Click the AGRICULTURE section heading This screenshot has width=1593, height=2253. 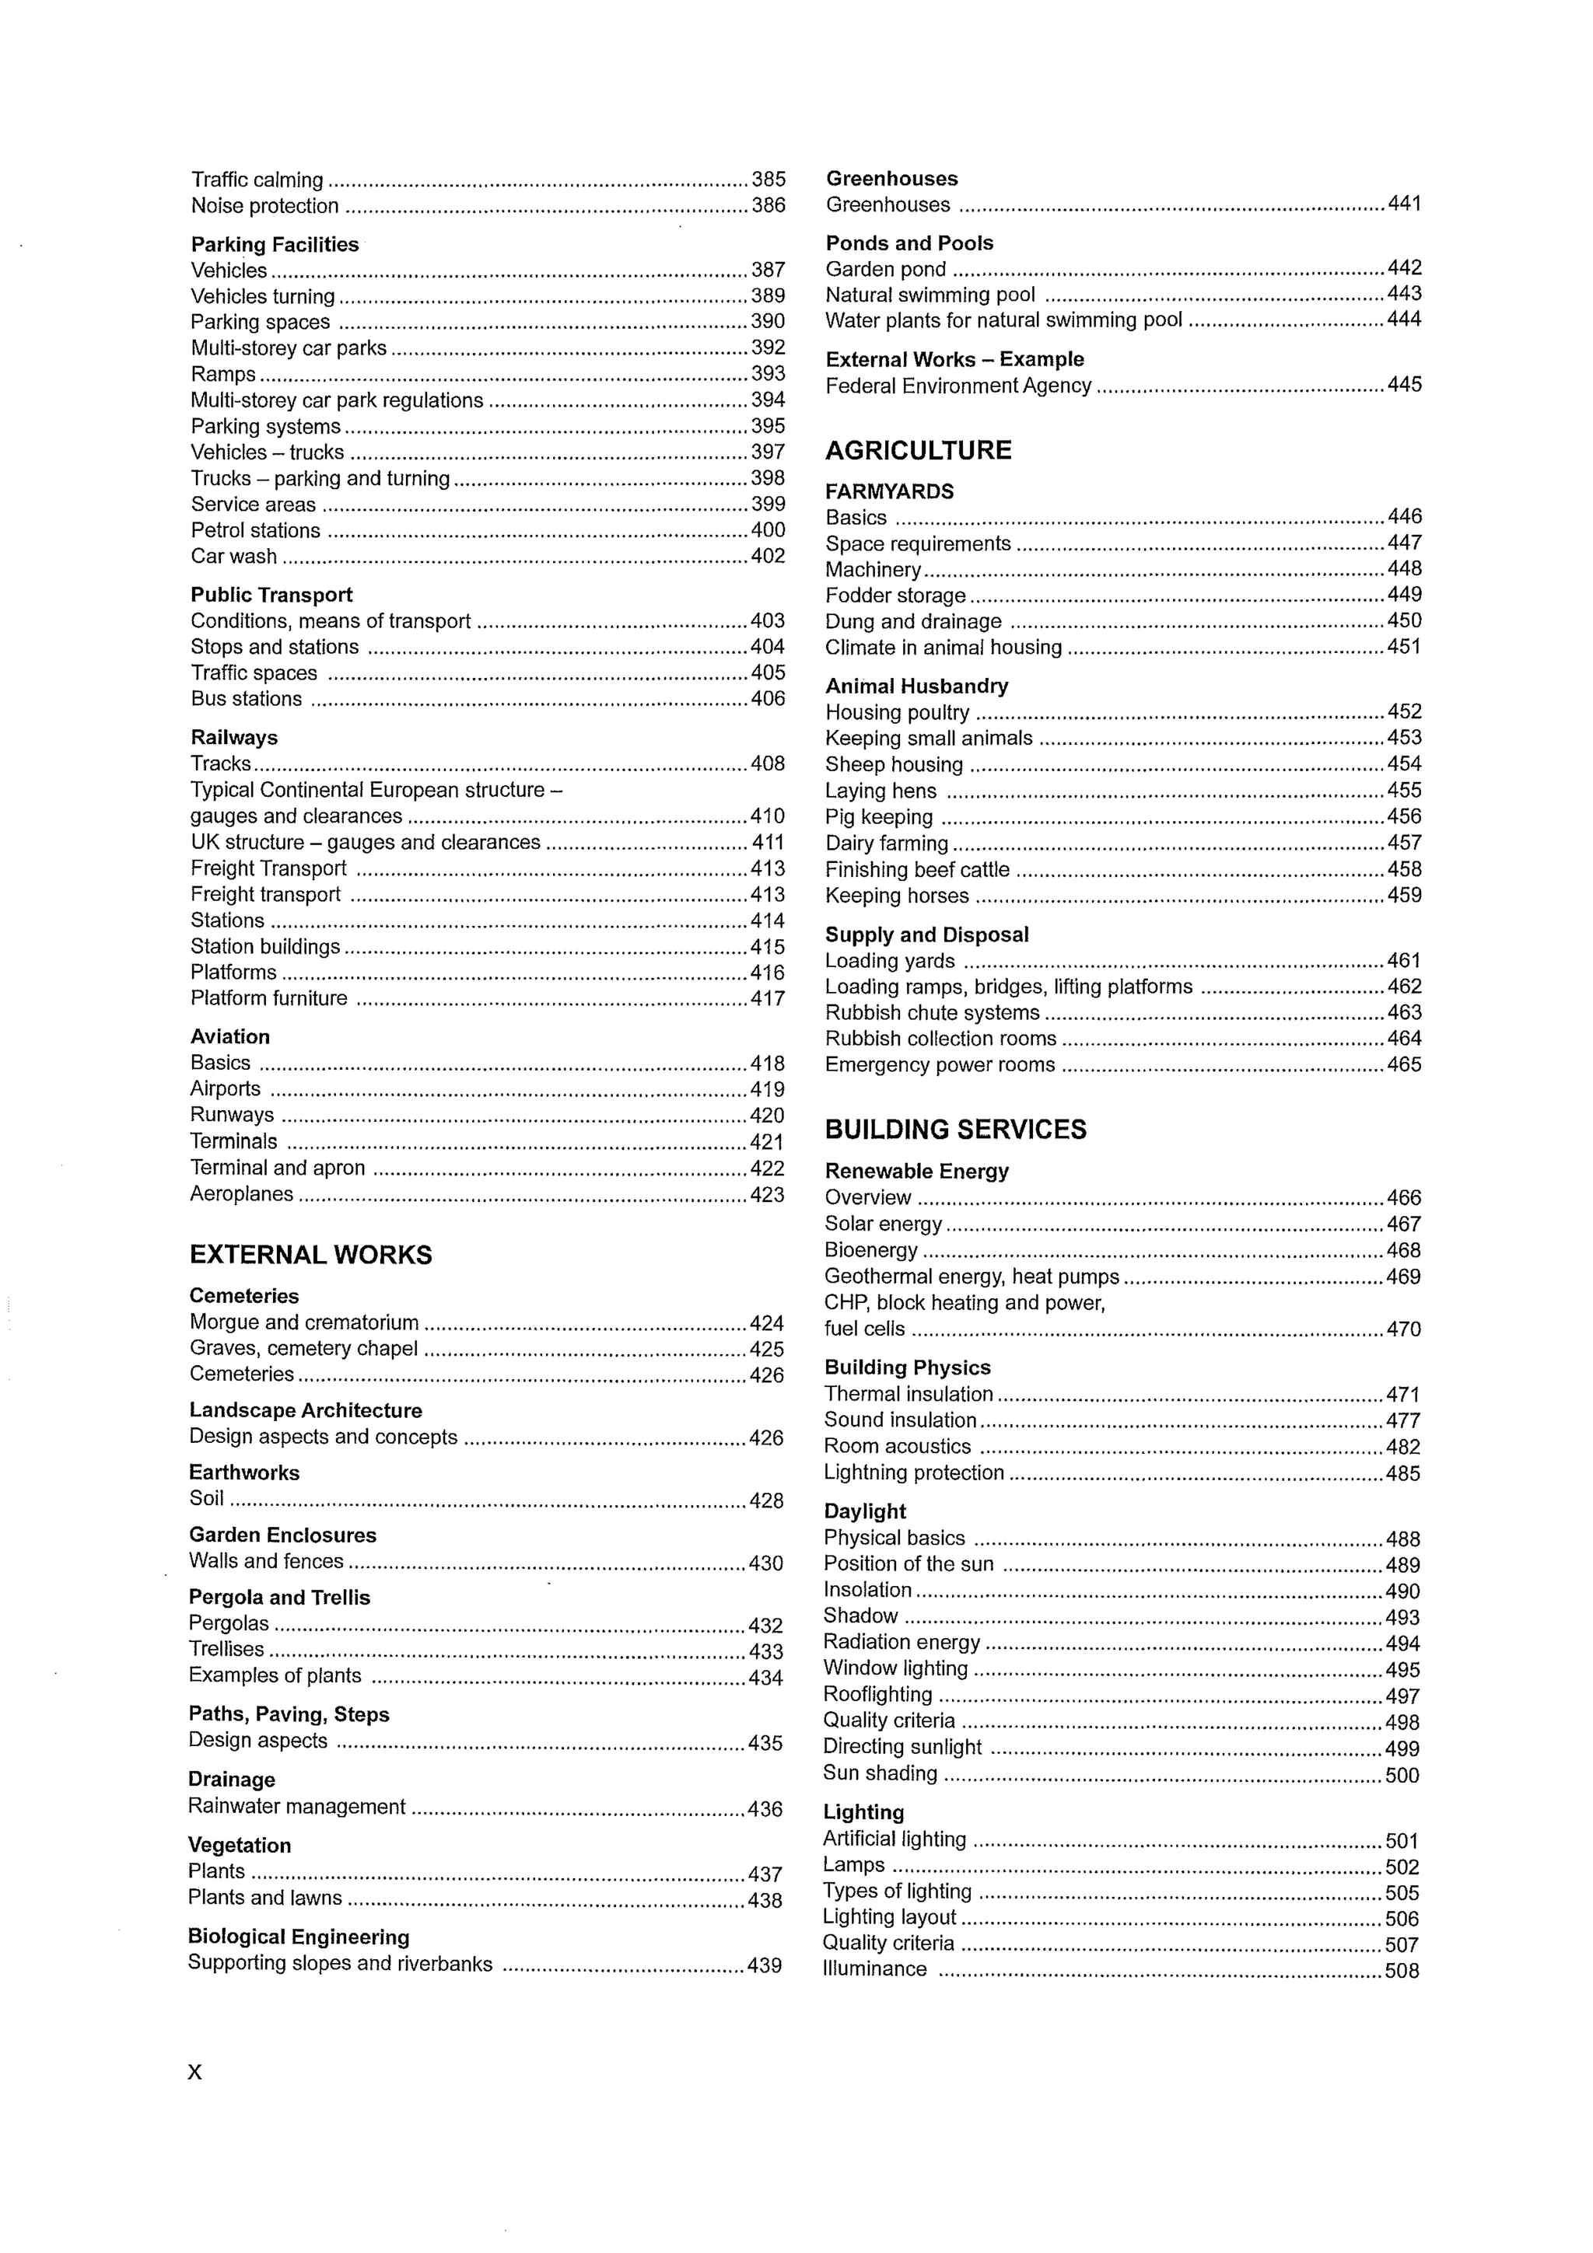(x=918, y=450)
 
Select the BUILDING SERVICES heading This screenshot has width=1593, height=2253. (x=955, y=1130)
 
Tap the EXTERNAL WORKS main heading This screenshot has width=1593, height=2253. (x=310, y=1255)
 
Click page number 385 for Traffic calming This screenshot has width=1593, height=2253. (x=768, y=180)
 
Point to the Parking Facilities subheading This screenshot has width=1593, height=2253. (x=275, y=244)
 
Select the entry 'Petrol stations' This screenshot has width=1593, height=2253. (x=255, y=531)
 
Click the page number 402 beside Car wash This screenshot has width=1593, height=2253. (x=768, y=557)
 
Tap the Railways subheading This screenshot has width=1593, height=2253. (x=233, y=738)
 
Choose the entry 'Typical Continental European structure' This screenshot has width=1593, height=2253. (x=375, y=790)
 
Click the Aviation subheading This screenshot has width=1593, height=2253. (x=229, y=1037)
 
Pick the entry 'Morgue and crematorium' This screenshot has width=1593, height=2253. (x=304, y=1322)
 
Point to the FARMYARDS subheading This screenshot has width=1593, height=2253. (x=889, y=491)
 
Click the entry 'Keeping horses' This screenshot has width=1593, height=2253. (x=896, y=896)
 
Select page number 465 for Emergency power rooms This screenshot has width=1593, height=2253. (x=1403, y=1064)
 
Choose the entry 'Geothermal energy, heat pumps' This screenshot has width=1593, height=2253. (x=971, y=1277)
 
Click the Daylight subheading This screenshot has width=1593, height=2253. (x=865, y=1512)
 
